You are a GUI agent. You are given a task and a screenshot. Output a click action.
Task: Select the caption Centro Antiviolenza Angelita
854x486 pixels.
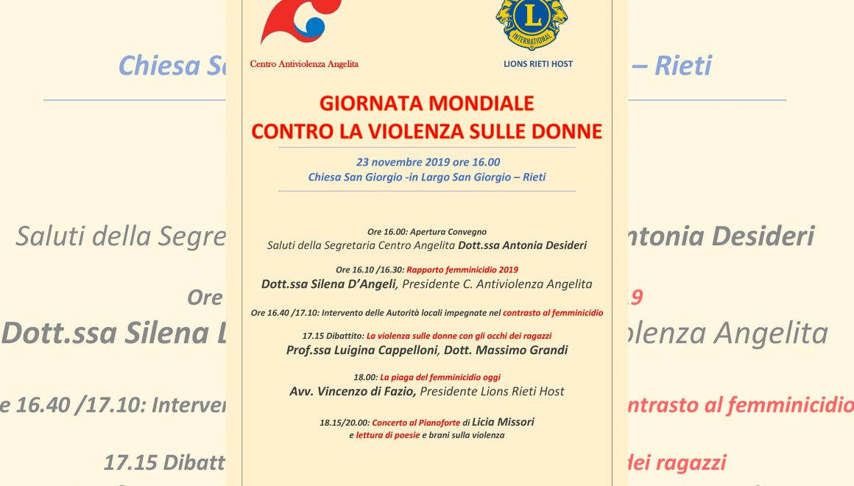[x=304, y=64]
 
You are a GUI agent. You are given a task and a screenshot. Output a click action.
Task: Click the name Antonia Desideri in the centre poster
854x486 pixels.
[x=540, y=245]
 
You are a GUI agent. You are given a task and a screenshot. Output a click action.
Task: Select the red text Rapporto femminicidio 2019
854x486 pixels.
[x=462, y=270]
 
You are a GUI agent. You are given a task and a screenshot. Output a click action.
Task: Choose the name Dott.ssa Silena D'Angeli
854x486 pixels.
[x=329, y=283]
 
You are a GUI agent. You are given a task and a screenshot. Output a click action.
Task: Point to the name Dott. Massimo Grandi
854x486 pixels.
[x=507, y=351]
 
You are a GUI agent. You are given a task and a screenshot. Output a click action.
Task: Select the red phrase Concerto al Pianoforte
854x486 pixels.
[x=416, y=423]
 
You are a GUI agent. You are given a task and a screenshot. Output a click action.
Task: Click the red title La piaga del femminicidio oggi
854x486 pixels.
[x=440, y=377]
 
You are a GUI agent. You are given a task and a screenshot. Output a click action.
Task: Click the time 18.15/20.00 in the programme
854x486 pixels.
[x=345, y=423]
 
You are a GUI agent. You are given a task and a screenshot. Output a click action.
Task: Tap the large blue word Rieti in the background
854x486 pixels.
[x=683, y=66]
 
